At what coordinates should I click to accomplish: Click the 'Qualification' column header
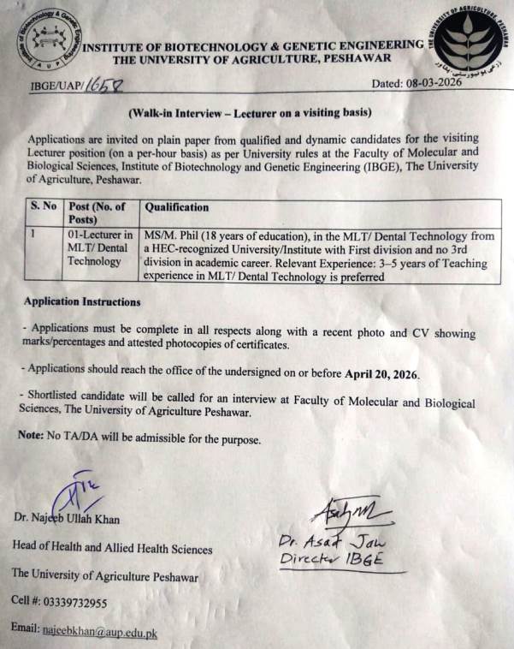(177, 207)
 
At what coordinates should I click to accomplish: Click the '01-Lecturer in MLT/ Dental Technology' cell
(100, 247)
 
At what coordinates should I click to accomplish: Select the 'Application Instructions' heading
(82, 302)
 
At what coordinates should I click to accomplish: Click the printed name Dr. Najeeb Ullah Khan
(67, 519)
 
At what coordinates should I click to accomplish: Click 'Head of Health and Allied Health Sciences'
(112, 547)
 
